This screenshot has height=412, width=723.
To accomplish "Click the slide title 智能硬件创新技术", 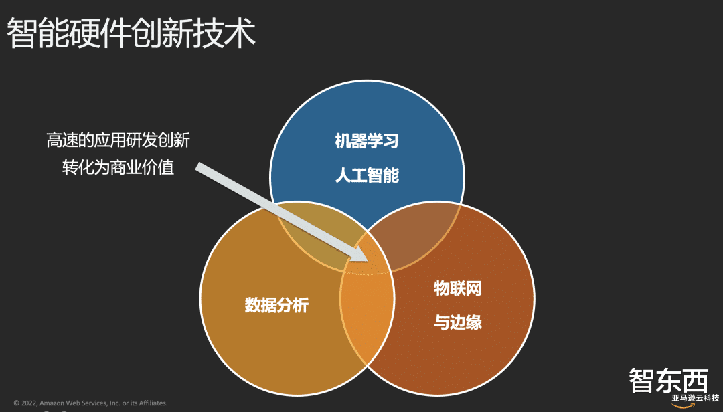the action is (131, 33).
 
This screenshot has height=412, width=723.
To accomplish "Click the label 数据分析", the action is (276, 306).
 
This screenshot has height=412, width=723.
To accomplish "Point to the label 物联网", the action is (458, 289).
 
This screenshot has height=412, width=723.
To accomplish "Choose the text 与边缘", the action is (458, 323).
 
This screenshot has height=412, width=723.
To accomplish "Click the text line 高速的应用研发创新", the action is (118, 140).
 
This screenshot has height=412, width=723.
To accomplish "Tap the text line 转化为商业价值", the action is (118, 167).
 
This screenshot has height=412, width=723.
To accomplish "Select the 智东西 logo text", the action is (668, 381).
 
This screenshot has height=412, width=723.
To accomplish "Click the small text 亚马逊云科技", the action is (695, 398).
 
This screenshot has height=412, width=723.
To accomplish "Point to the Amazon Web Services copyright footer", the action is (90, 403).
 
